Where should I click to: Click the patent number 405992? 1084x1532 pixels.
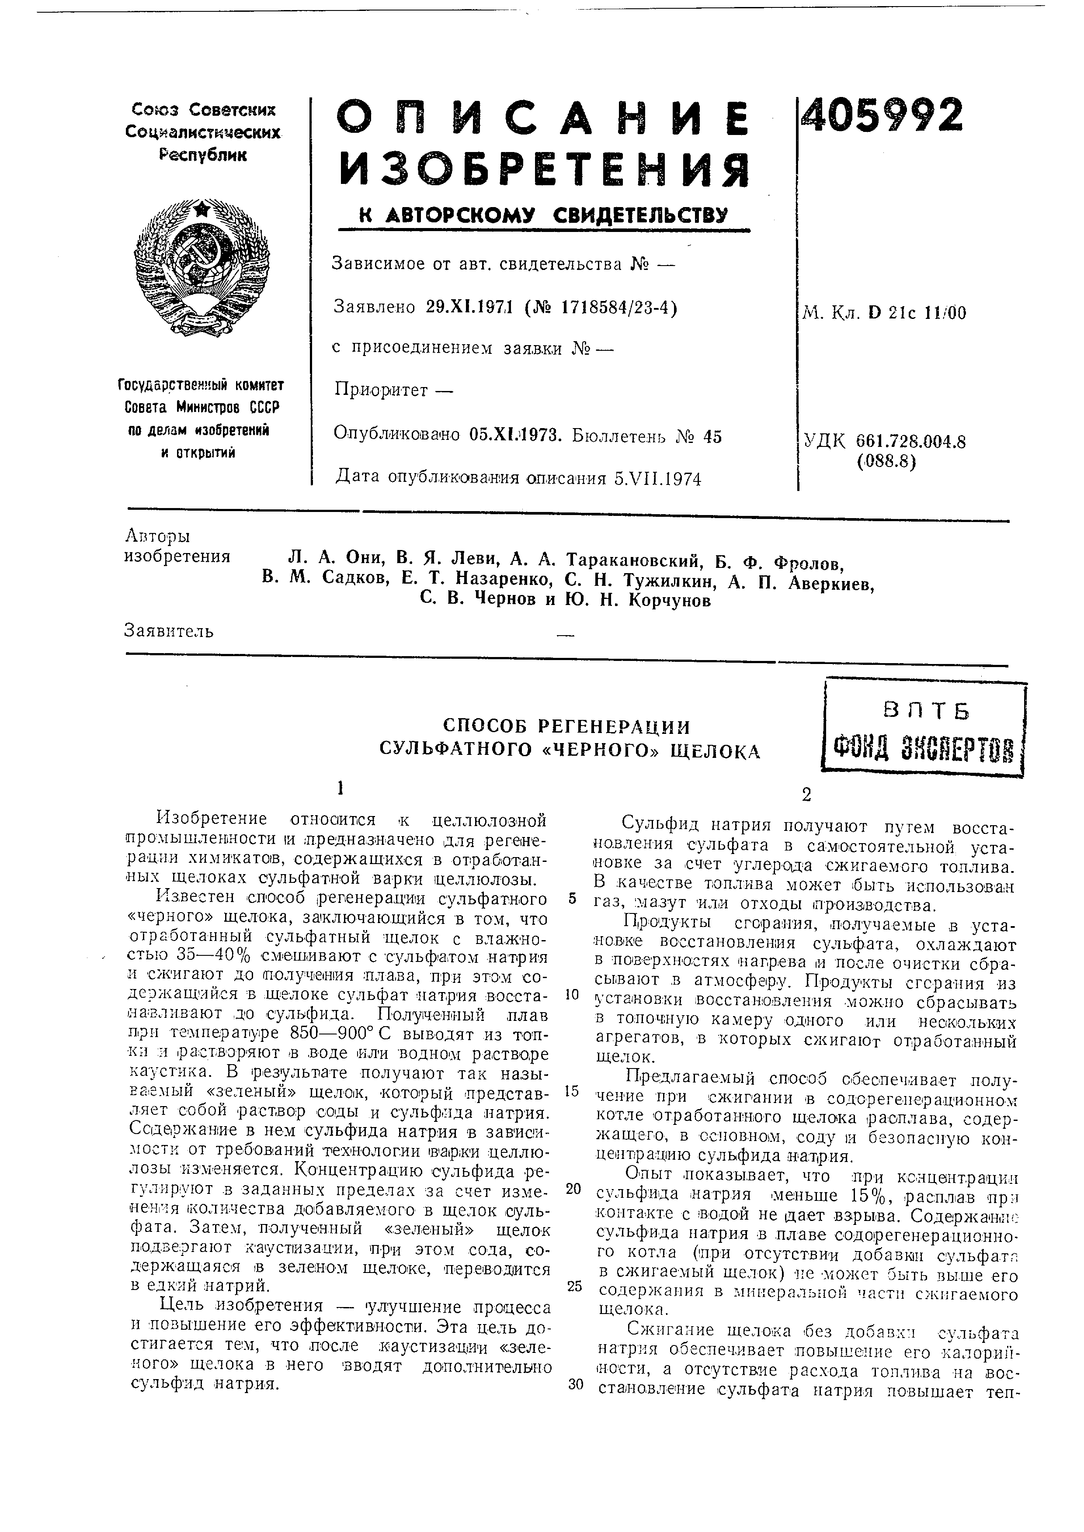[x=883, y=115]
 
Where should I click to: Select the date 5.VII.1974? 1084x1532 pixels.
[x=657, y=478]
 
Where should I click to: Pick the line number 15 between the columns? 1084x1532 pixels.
[x=571, y=1091]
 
